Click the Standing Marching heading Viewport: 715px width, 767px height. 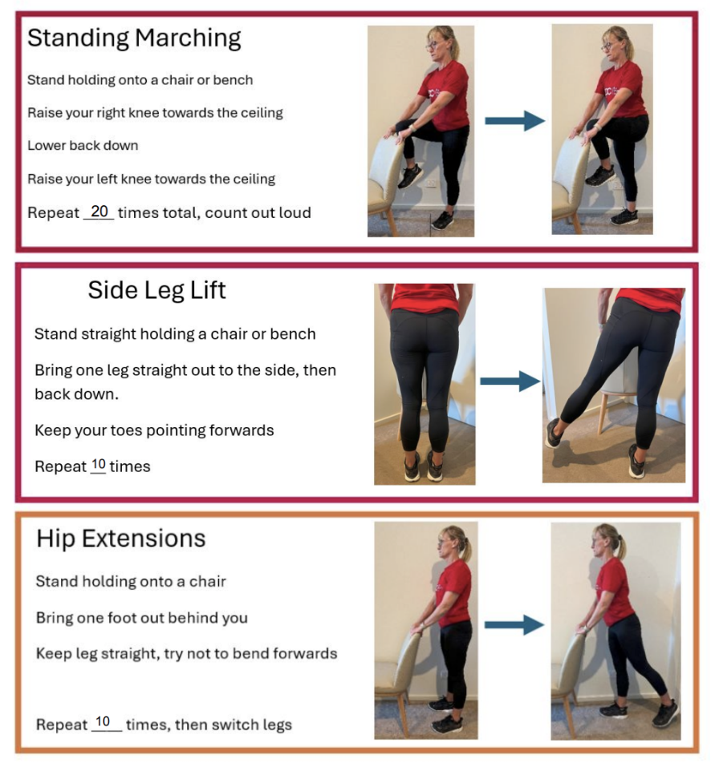click(x=134, y=38)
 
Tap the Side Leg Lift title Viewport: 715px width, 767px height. click(x=156, y=291)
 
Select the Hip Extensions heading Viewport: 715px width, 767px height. click(x=121, y=539)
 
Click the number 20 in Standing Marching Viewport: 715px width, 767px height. click(x=100, y=212)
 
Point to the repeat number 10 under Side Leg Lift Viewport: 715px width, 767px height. click(x=99, y=464)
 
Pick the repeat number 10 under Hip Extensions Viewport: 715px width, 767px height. click(x=103, y=721)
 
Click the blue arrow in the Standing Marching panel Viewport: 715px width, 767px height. click(x=514, y=120)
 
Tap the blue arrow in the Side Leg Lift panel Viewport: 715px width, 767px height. click(x=510, y=381)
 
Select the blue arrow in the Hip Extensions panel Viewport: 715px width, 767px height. click(x=514, y=624)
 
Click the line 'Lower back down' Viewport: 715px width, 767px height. click(x=83, y=146)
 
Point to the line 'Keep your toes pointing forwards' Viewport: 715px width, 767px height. click(x=154, y=430)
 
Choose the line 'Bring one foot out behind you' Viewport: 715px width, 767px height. click(x=142, y=618)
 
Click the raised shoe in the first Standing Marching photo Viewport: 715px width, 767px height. click(x=410, y=176)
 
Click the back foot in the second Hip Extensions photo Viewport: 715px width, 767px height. click(x=666, y=713)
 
